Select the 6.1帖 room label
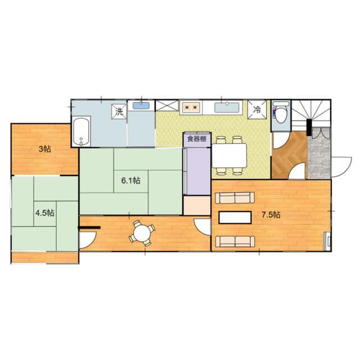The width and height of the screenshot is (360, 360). pyautogui.click(x=131, y=181)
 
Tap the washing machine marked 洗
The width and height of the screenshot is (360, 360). pyautogui.click(x=119, y=111)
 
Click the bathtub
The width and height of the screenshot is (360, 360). pyautogui.click(x=82, y=132)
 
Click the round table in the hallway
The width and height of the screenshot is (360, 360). pyautogui.click(x=142, y=232)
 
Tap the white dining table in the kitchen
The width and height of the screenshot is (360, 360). pyautogui.click(x=229, y=154)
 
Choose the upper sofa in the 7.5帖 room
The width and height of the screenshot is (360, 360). pyautogui.click(x=236, y=197)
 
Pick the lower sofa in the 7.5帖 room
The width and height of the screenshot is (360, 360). pyautogui.click(x=236, y=241)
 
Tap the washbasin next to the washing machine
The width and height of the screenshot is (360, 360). pyautogui.click(x=141, y=105)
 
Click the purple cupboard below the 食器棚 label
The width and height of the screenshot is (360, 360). pyautogui.click(x=197, y=170)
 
